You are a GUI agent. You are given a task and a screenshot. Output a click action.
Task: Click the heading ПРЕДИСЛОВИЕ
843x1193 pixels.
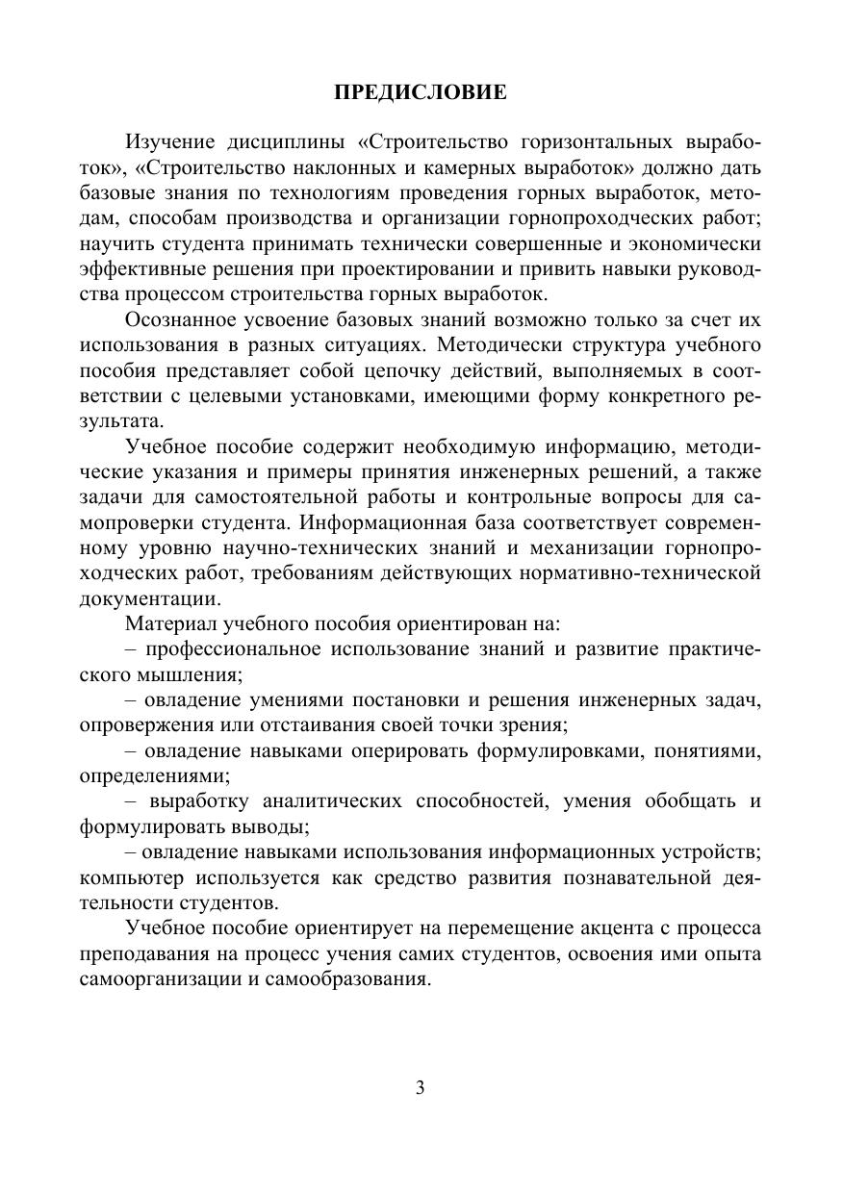[420, 93]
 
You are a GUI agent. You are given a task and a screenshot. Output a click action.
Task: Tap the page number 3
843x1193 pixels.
[420, 1088]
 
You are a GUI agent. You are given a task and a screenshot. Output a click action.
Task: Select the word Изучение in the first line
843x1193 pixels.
[170, 143]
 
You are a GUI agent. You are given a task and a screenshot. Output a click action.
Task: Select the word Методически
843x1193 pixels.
[524, 343]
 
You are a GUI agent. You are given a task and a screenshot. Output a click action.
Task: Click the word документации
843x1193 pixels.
[142, 597]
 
